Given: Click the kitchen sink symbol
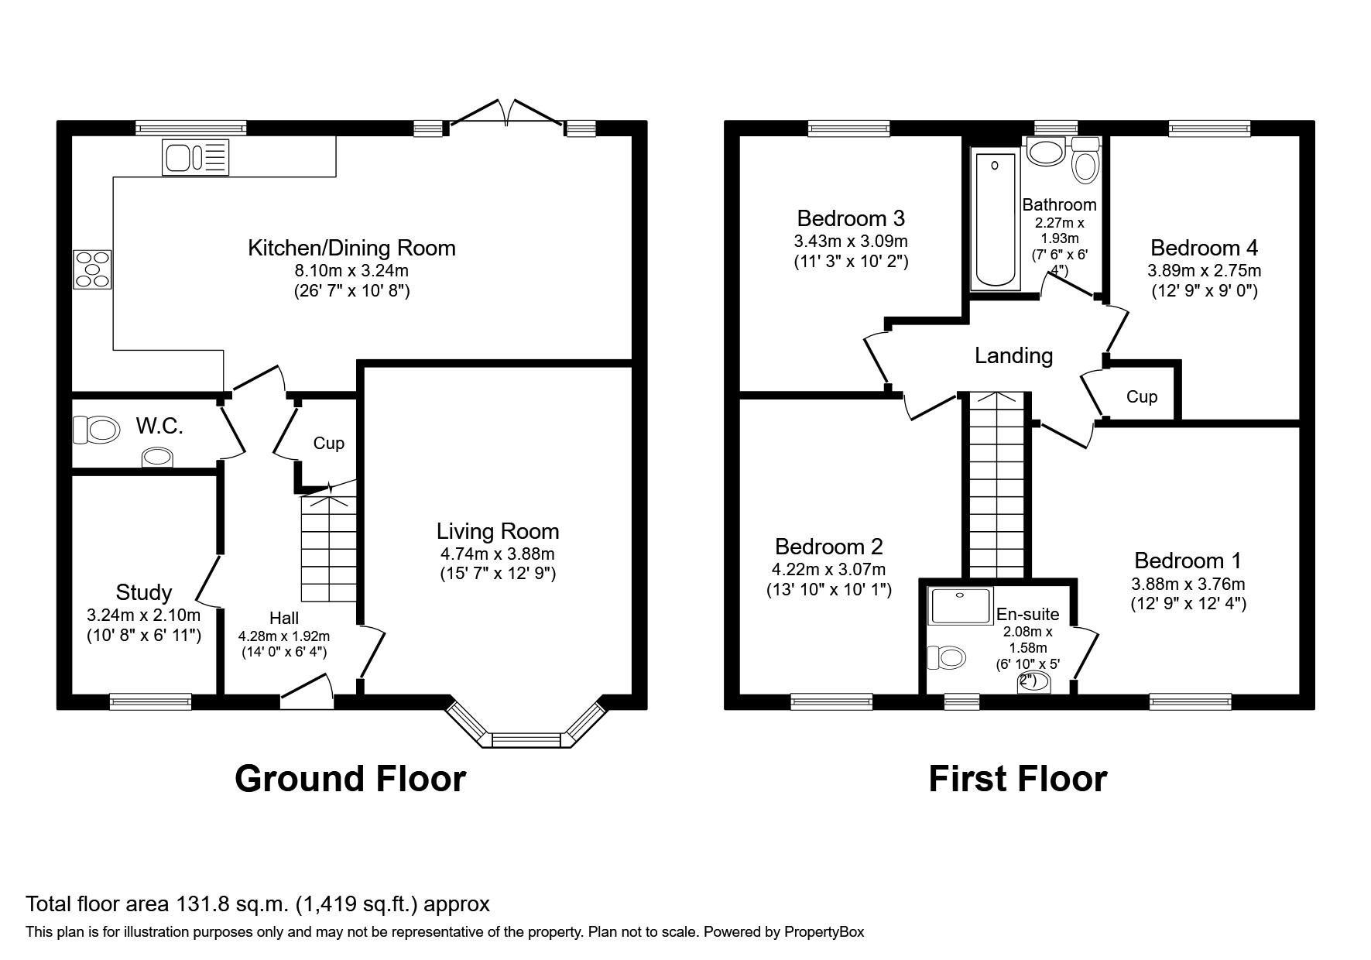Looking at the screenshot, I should tap(196, 157).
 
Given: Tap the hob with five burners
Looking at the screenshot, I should tap(92, 269).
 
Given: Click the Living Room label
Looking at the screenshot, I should tap(497, 531).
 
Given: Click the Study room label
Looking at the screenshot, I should tap(143, 592).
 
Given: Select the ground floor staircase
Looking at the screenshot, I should tap(329, 550).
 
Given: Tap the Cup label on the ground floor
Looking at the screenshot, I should tap(328, 443).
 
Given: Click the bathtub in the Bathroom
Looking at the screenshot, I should tap(995, 221).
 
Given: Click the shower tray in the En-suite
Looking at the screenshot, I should tap(961, 605).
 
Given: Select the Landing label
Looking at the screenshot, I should tap(1013, 355).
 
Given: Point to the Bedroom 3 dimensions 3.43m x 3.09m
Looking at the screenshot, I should tap(852, 241).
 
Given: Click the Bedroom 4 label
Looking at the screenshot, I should tap(1204, 248).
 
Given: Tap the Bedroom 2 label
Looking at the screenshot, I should tap(828, 547).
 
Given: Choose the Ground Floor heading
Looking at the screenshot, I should tap(350, 779).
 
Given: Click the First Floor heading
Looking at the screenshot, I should tap(1017, 779).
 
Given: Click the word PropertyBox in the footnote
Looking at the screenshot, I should tap(823, 932).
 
